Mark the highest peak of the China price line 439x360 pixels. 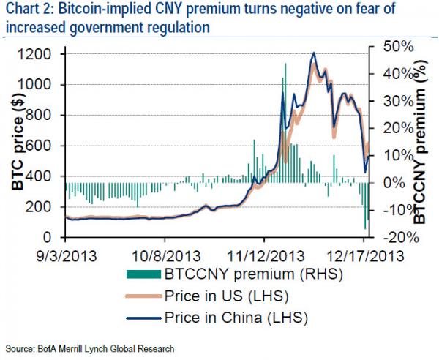coord(313,53)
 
